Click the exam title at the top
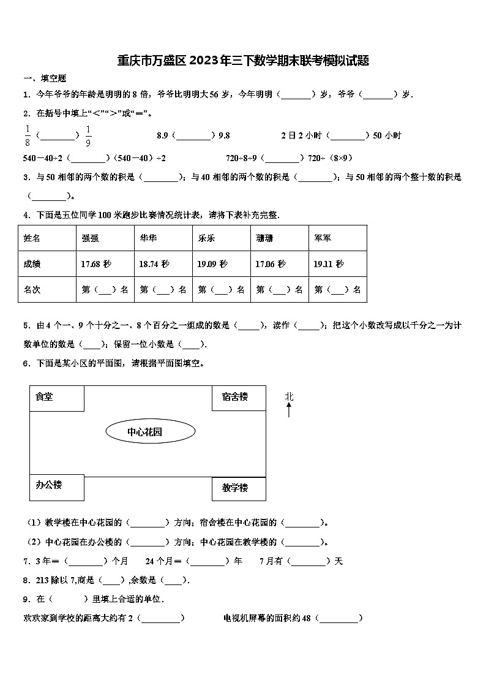243,61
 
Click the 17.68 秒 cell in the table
96,264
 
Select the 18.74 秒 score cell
154,264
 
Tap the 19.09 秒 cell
212,264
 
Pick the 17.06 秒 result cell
271,264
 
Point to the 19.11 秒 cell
329,264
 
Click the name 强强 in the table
90,238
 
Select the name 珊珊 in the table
264,238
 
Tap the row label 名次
32,290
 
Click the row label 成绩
32,264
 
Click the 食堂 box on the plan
56,398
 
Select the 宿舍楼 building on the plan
239,398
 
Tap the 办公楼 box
56,486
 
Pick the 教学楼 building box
239,488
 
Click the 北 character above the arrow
289,396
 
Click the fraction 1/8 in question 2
27,135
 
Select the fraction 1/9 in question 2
88,135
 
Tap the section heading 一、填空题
45,78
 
